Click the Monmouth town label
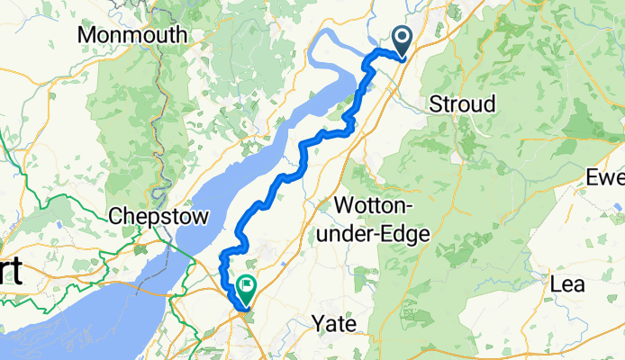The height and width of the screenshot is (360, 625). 133,35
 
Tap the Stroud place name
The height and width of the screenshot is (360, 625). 462,103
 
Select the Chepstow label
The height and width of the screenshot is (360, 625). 158,217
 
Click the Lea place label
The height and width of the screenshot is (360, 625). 568,285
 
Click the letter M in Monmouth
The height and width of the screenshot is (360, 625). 88,35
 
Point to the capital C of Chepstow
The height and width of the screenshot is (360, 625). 114,217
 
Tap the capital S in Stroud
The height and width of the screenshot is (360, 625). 436,103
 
